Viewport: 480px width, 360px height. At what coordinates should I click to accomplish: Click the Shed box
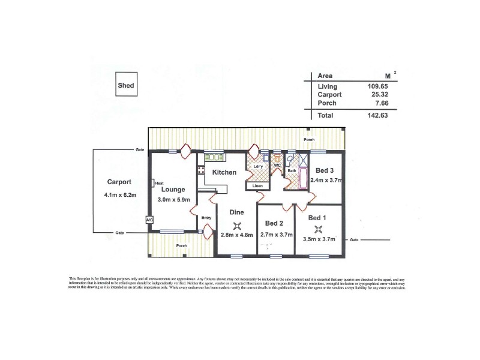[126, 86]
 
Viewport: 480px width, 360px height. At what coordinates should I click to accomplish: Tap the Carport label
[119, 182]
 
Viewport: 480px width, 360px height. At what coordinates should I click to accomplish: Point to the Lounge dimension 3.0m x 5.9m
[173, 199]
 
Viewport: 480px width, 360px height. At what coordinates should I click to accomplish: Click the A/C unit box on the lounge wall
[149, 220]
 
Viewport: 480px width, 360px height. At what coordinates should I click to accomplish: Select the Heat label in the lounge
[159, 184]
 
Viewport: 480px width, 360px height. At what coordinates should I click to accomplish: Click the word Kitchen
[224, 173]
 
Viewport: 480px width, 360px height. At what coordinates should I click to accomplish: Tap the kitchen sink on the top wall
[214, 157]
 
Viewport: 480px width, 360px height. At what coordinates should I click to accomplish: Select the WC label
[278, 165]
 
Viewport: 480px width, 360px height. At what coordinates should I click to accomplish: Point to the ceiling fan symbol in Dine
[238, 226]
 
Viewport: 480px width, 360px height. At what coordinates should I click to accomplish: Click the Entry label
[206, 217]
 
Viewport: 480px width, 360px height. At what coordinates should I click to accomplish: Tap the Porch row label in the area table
[327, 103]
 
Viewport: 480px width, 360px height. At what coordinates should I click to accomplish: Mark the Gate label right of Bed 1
[354, 239]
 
